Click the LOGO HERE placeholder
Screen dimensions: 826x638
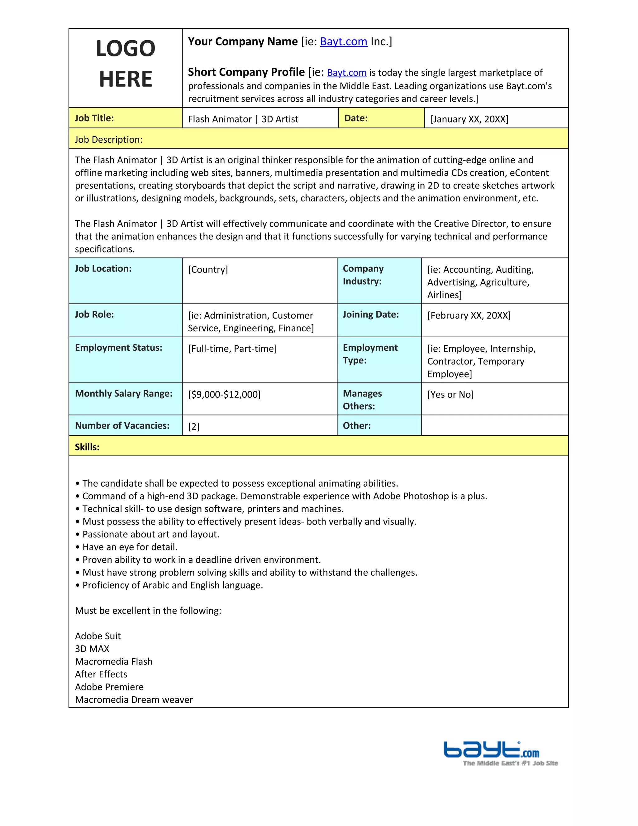(126, 64)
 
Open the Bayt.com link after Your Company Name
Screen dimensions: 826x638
(343, 41)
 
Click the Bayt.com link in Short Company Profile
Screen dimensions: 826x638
(347, 73)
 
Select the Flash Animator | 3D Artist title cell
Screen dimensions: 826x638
(243, 119)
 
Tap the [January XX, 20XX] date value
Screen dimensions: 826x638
(469, 119)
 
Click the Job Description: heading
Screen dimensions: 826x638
(109, 140)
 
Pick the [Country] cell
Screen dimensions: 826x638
(208, 270)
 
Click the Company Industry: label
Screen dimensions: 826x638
(363, 275)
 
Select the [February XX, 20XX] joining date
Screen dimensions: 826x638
(469, 315)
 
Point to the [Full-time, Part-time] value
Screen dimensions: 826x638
(232, 349)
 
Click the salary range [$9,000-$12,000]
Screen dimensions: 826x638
(224, 395)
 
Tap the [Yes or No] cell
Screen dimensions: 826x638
(450, 395)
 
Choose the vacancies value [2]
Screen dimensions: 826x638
(193, 427)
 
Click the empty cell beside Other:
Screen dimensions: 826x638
(494, 425)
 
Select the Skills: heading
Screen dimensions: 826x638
(87, 447)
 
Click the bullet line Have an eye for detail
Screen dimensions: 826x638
(130, 547)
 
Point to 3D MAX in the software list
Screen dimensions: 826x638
(92, 649)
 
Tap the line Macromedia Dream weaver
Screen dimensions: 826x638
(134, 700)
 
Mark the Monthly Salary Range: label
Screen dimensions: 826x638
(124, 393)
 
